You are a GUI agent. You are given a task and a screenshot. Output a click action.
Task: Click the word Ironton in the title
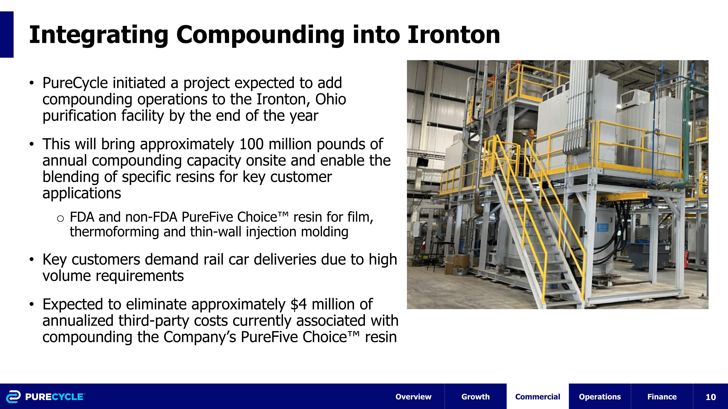point(454,35)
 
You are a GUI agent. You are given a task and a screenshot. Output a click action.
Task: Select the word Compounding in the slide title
point(260,35)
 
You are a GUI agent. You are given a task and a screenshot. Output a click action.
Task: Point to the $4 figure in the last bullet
point(298,304)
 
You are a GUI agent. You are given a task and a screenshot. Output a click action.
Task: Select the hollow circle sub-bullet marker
point(60,218)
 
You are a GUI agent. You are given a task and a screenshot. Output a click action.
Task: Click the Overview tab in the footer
point(413,397)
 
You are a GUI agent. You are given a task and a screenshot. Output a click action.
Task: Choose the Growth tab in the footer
point(475,397)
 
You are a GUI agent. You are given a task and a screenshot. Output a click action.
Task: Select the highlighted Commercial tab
point(538,397)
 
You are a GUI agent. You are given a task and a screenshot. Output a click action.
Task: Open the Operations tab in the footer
point(600,397)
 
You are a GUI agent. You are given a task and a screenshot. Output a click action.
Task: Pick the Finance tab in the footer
point(662,397)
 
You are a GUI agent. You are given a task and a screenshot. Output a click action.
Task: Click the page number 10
point(711,397)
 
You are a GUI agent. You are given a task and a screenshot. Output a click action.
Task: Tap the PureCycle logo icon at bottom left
point(13,397)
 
